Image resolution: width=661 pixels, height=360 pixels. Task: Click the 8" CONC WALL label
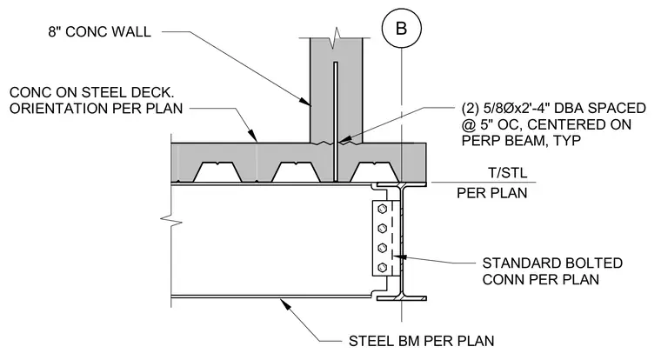pos(99,31)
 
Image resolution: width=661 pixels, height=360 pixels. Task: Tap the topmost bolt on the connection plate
pos(383,209)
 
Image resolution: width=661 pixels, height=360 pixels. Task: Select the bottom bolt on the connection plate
pos(383,267)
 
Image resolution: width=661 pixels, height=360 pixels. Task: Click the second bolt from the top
pos(383,228)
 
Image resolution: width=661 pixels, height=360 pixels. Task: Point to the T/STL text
pos(508,172)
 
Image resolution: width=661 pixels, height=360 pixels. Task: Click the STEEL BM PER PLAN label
pos(421,341)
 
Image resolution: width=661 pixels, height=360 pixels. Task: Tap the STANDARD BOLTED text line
pos(552,263)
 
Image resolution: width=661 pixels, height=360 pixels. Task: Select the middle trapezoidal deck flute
pos(296,172)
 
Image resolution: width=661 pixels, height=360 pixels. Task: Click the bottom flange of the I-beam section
pos(401,298)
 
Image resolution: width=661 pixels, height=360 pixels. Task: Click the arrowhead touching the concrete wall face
pos(305,101)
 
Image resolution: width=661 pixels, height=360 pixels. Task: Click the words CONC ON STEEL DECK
pos(91,92)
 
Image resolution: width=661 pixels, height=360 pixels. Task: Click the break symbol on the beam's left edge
pos(171,220)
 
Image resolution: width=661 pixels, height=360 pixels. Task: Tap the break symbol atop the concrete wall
pos(336,37)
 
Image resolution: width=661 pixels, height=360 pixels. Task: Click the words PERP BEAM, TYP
pos(522,140)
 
